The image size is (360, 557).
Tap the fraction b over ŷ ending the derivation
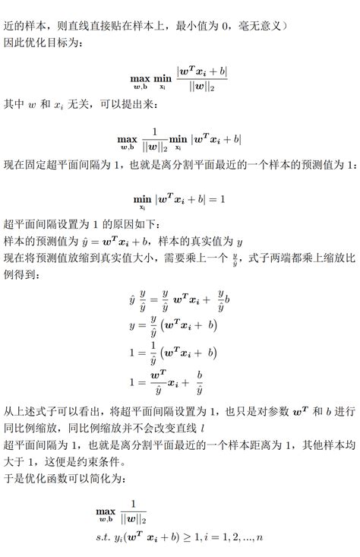coord(199,384)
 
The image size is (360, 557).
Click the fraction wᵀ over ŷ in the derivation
coord(158,384)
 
